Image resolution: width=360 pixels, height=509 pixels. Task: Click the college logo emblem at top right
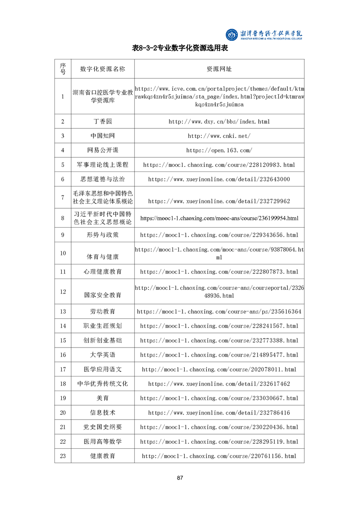point(232,34)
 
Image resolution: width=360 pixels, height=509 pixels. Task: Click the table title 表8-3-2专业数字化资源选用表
point(180,48)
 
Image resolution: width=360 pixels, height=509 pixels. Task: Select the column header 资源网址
point(219,69)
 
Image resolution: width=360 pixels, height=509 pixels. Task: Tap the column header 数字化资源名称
point(102,69)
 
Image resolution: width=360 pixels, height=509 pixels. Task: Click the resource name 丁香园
point(103,122)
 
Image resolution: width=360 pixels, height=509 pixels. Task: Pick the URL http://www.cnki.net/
point(219,136)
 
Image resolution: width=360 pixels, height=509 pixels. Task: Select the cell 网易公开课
point(103,150)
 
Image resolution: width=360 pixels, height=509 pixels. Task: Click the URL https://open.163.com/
point(219,150)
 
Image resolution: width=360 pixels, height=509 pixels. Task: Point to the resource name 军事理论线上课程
point(103,165)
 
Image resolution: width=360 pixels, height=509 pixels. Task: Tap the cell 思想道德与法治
point(103,179)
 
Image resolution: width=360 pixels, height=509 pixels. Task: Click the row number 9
point(63,235)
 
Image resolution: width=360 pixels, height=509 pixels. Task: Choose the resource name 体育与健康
point(103,257)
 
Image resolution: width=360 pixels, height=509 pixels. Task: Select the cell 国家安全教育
point(103,295)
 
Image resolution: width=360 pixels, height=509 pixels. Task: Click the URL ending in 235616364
point(219,312)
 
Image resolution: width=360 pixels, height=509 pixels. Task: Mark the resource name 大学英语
point(103,355)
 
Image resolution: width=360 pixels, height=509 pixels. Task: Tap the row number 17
point(63,369)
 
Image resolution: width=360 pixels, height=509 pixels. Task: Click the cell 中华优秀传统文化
point(103,384)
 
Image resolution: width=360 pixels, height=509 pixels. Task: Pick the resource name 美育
point(103,398)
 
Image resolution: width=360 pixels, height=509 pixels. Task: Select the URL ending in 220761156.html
point(219,456)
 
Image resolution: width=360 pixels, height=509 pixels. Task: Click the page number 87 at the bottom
point(180,478)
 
